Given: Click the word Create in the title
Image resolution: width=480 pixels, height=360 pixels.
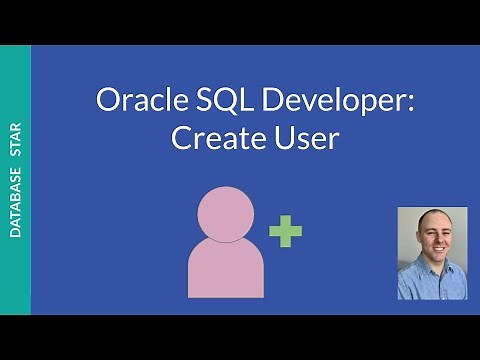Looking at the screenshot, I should (207, 138).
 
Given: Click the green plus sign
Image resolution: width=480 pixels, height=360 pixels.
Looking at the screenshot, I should (285, 234).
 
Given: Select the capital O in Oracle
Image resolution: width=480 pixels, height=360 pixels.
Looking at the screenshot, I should (106, 102).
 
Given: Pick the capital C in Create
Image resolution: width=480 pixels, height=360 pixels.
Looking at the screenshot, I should (181, 138).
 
